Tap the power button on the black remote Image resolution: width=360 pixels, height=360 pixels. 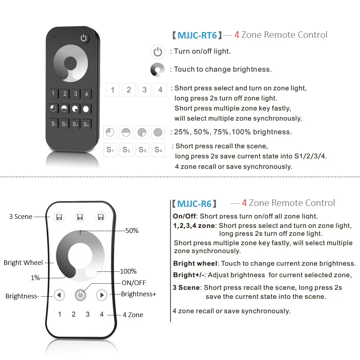pyautogui.click(x=84, y=38)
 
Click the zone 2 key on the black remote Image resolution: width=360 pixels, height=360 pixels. pyautogui.click(x=64, y=94)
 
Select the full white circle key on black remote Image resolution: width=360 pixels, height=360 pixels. pyautogui.click(x=86, y=109)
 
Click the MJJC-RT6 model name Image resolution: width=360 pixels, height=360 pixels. pyautogui.click(x=197, y=35)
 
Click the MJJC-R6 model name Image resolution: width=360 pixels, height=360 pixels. pyautogui.click(x=194, y=204)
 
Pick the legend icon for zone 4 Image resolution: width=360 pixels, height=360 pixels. pyautogui.click(x=160, y=90)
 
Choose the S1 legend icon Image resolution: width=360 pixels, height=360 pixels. pyautogui.click(x=110, y=150)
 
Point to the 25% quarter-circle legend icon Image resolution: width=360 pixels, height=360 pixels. pyautogui.click(x=110, y=132)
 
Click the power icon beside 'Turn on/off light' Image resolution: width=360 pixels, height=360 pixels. pyautogui.click(x=158, y=52)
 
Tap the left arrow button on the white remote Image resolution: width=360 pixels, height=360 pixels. pyautogui.click(x=59, y=295)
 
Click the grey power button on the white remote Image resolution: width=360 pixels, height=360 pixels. pyautogui.click(x=81, y=295)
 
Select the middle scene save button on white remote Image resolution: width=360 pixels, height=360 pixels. pyautogui.click(x=80, y=217)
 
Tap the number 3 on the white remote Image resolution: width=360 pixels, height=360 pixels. pyautogui.click(x=87, y=314)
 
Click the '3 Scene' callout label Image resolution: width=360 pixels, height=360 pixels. pyautogui.click(x=21, y=217)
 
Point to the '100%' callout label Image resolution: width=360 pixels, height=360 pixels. pyautogui.click(x=128, y=271)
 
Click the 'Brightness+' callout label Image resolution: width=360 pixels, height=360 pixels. pyautogui.click(x=139, y=294)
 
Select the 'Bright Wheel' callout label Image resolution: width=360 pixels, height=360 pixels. pyautogui.click(x=23, y=263)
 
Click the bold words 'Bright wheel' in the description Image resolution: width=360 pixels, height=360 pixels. pyautogui.click(x=195, y=264)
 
